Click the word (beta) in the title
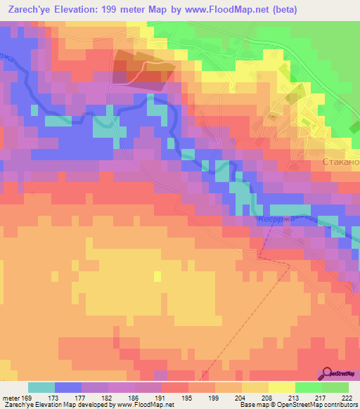(281, 10)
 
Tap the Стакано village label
(340, 162)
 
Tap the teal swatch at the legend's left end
(41, 387)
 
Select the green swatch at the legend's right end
(335, 387)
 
